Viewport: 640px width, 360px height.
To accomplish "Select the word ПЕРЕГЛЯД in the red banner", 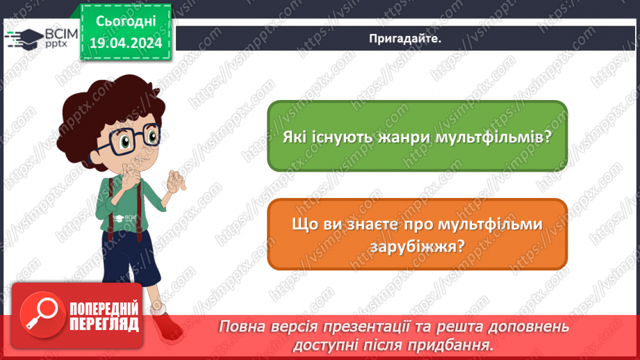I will (104, 324).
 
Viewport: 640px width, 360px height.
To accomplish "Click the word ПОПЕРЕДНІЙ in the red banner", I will (104, 309).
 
